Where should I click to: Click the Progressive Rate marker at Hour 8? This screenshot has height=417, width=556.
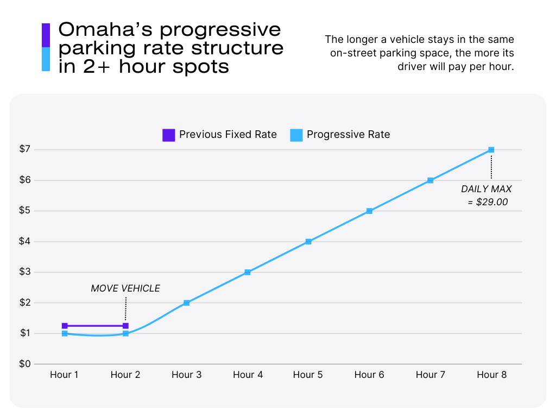(x=491, y=149)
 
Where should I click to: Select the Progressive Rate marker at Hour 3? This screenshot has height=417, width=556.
(x=186, y=302)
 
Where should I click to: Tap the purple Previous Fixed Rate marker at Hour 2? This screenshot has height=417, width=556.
(x=125, y=326)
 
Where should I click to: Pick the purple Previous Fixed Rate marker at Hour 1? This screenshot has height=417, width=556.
(x=65, y=326)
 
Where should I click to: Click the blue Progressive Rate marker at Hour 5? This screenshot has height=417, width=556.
(x=308, y=241)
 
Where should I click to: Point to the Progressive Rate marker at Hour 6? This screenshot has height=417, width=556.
(x=369, y=211)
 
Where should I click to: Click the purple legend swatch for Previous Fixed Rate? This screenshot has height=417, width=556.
(x=169, y=135)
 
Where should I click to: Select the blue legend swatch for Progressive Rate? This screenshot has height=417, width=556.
(x=296, y=135)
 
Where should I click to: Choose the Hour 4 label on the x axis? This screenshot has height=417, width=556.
(x=248, y=375)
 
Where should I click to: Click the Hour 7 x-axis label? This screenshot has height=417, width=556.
(x=431, y=375)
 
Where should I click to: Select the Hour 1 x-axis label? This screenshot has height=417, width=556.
(x=65, y=375)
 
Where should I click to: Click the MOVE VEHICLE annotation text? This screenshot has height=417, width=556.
(x=125, y=288)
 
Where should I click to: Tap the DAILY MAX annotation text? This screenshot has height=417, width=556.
(x=486, y=189)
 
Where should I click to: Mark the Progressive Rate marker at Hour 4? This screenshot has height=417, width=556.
(x=247, y=272)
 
